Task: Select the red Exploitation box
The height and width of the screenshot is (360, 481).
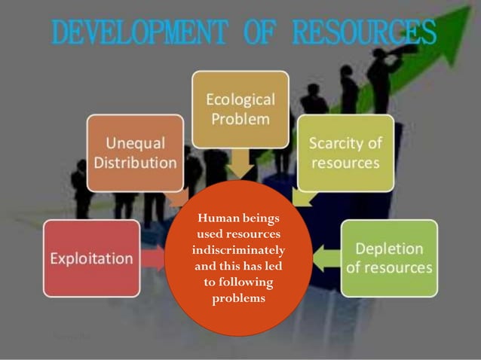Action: (91, 258)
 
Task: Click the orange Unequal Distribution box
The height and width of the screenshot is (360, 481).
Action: (135, 152)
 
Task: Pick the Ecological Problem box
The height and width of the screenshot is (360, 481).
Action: (240, 109)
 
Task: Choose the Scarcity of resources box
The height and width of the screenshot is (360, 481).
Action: (345, 152)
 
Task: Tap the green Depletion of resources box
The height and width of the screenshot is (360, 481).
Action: (388, 258)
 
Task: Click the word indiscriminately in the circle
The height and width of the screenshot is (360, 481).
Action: (237, 249)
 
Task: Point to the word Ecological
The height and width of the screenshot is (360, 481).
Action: (240, 99)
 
